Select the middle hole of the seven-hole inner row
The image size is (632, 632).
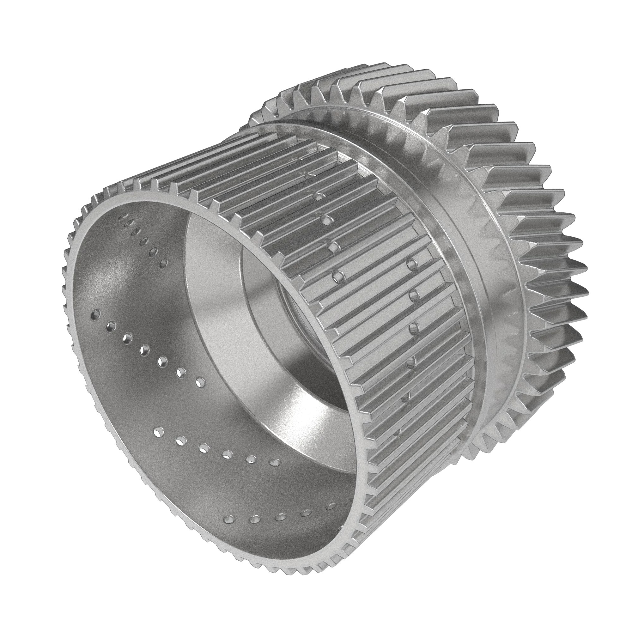click(144, 351)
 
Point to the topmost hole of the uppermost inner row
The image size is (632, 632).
click(124, 216)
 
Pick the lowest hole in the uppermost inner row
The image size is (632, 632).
click(165, 261)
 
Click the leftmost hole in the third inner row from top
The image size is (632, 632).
click(158, 433)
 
